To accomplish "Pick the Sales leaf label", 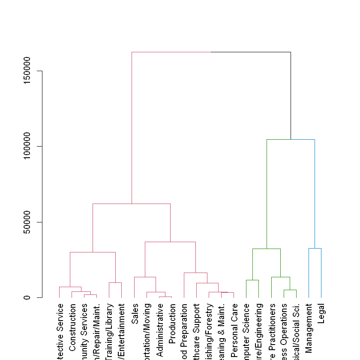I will tap(135, 314).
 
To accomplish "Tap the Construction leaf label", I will tap(72, 330).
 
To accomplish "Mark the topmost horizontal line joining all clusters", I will tap(211, 52).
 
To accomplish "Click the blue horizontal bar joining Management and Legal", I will tap(315, 248).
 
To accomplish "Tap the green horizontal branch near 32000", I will tap(266, 249).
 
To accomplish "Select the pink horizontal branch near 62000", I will tap(131, 204).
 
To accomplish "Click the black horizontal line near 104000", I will tap(291, 139).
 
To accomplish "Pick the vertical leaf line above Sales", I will tap(135, 287).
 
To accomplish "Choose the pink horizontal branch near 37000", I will tap(170, 242).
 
